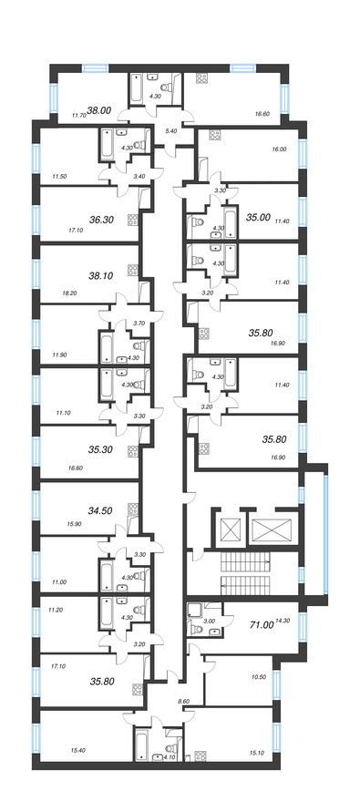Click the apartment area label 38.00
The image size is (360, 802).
coord(98,109)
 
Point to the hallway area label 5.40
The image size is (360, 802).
coord(170,131)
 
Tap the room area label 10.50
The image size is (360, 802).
coord(256,677)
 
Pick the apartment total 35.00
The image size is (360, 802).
coord(259,218)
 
